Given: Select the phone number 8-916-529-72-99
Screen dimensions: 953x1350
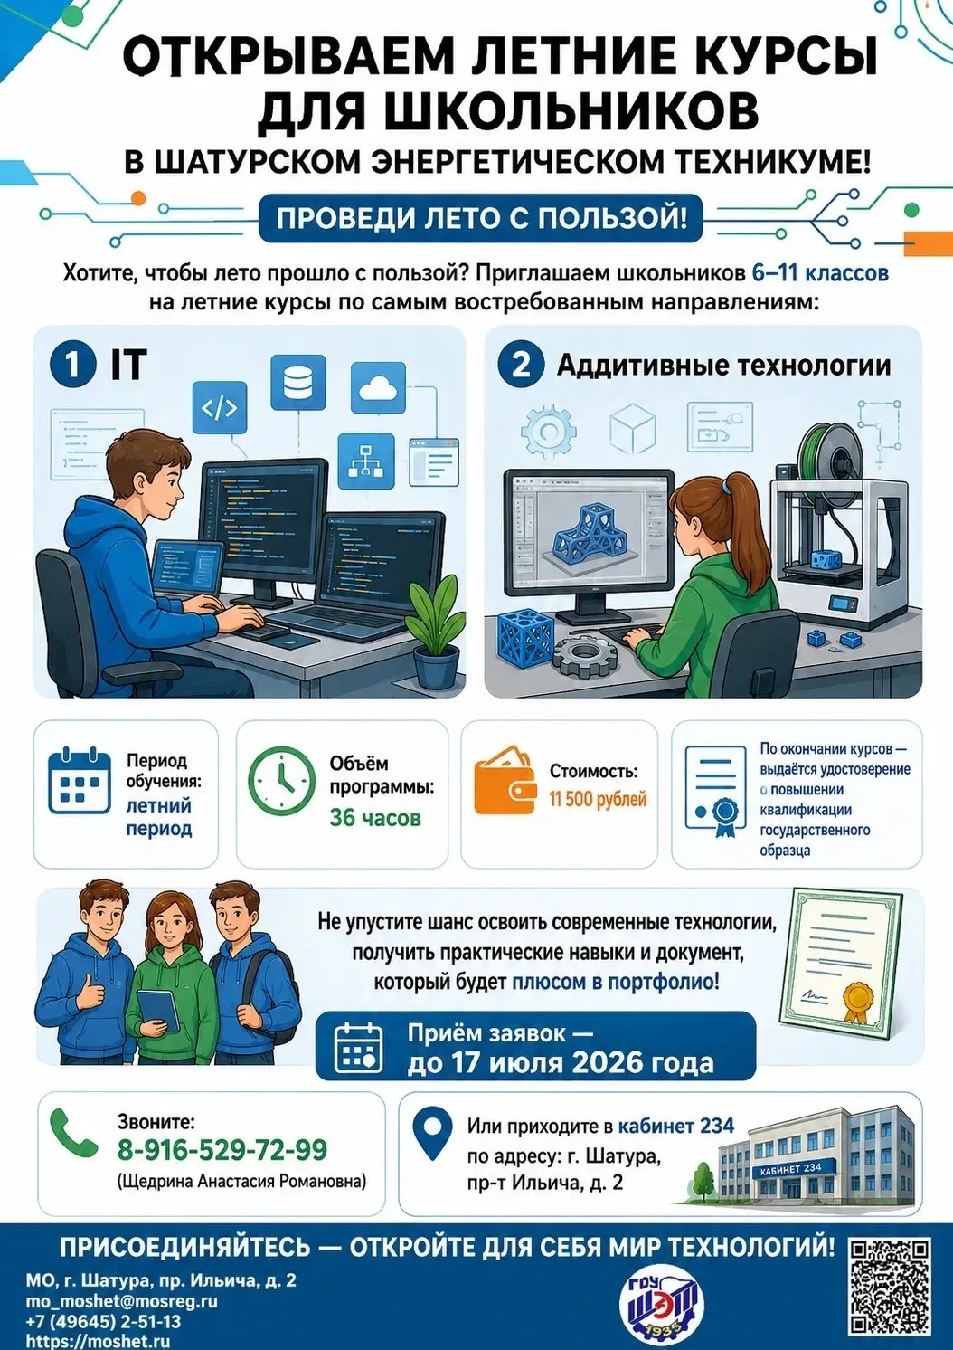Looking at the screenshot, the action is [222, 1150].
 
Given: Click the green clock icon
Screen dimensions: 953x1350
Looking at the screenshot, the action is [281, 782].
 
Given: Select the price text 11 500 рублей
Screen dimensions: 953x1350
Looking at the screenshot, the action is [597, 799].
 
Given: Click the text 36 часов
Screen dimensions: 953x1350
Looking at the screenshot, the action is [374, 818].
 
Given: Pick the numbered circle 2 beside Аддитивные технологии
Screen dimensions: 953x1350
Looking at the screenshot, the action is [521, 365].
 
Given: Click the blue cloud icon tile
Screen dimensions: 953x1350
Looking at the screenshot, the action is [378, 390].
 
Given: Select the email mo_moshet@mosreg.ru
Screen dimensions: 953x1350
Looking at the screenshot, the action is [122, 1302].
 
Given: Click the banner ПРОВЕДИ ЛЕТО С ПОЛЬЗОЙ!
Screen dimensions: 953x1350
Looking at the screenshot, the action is [481, 217].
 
